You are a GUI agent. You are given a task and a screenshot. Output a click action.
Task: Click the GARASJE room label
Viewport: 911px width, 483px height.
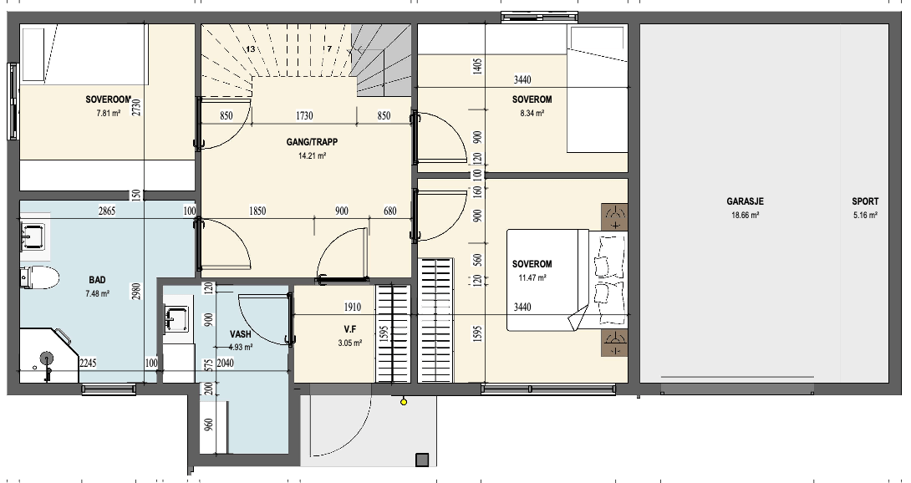coord(745,201)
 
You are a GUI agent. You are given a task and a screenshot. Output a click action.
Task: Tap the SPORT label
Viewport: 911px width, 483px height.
coord(865,201)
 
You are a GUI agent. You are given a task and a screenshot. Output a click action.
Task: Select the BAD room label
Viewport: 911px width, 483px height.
coord(97,280)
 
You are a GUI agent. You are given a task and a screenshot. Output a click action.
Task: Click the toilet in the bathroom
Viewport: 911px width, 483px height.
coord(39,277)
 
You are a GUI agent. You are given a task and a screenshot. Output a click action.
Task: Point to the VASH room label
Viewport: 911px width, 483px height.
coord(241,334)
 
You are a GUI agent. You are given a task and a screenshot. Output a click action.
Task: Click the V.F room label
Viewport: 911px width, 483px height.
coord(349,329)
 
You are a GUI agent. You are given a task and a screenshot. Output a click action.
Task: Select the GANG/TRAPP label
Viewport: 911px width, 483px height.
coord(312,142)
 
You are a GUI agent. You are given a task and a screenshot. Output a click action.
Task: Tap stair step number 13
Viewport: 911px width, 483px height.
coord(251,49)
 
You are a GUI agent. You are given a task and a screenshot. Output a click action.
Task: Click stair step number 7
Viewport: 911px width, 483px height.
coord(329,48)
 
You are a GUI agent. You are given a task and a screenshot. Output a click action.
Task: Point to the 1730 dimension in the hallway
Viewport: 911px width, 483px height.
coord(304,115)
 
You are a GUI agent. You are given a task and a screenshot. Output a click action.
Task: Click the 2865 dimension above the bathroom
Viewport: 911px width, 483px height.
coord(106,211)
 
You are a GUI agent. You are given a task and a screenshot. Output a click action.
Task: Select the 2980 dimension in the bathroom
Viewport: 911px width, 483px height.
coord(135,290)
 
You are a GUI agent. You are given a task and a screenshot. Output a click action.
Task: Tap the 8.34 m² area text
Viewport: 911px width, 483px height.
coord(532,114)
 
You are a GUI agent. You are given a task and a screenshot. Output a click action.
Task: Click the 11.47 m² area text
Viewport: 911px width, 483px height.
coord(532,277)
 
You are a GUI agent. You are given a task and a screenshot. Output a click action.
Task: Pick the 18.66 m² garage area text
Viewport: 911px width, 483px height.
coord(746,215)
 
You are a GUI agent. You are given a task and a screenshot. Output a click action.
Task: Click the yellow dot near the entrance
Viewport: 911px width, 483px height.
coord(404,402)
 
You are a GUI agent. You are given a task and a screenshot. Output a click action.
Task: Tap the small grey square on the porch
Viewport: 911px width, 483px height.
coord(422,460)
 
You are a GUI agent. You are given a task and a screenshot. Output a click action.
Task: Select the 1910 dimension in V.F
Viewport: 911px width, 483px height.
coord(352,307)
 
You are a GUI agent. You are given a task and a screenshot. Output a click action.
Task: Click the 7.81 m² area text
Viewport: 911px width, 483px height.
coord(108,114)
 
